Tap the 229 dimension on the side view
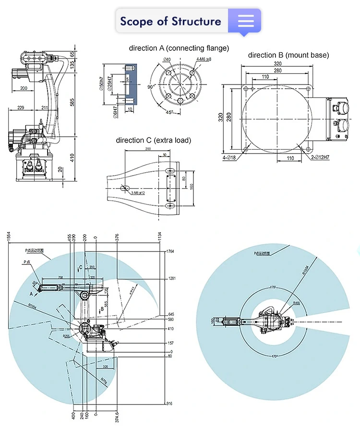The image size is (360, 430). pyautogui.click(x=21, y=107)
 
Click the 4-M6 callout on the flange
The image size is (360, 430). pyautogui.click(x=204, y=59)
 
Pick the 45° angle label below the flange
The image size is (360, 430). pyautogui.click(x=168, y=113)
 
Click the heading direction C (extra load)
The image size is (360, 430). pyautogui.click(x=153, y=140)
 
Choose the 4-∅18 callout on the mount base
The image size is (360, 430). pyautogui.click(x=228, y=158)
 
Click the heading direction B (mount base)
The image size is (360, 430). pyautogui.click(x=288, y=55)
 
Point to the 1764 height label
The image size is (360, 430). pyautogui.click(x=170, y=251)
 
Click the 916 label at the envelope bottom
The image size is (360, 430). pyautogui.click(x=169, y=403)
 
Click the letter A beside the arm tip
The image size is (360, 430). pyautogui.click(x=32, y=292)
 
